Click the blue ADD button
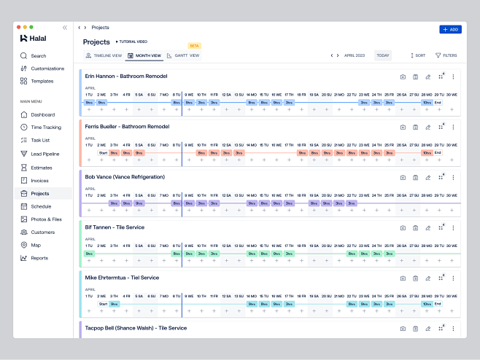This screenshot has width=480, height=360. pos(450,29)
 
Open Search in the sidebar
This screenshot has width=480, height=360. pos(38,55)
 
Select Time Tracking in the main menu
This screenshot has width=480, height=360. pos(45,128)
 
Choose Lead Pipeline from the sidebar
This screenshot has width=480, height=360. pos(45,154)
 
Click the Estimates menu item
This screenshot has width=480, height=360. pos(42,167)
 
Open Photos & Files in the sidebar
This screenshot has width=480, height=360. pos(46,219)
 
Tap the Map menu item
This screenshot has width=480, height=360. pos(36,245)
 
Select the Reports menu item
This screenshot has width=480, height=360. pos(39,258)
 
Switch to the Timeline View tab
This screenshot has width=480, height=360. pos(104,55)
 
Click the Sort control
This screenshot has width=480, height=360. pos(418,55)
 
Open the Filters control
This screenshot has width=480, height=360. pos(446,55)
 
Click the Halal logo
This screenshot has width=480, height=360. pos(34,38)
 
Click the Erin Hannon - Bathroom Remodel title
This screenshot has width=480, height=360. pos(126,77)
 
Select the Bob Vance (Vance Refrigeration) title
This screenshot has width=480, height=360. pos(125,177)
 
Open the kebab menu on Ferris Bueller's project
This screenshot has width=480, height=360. pos(453,127)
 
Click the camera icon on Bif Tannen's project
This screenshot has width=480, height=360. pos(403,227)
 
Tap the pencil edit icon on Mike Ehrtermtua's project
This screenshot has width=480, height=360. pos(427,278)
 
